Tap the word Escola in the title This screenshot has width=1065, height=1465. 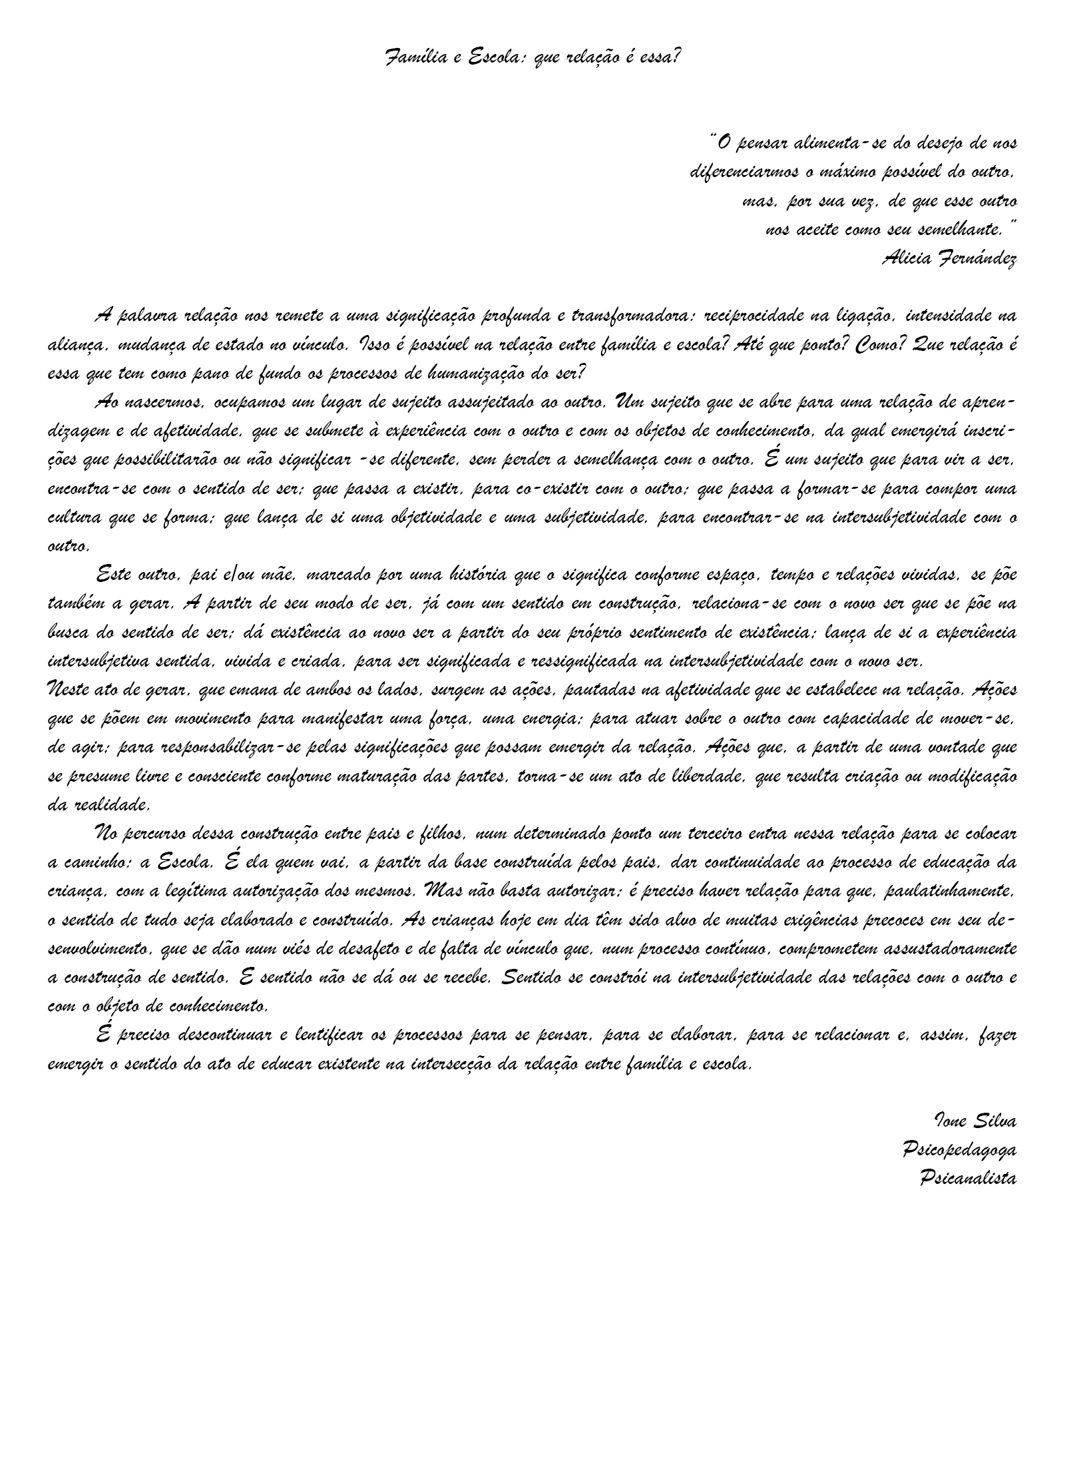[x=488, y=58]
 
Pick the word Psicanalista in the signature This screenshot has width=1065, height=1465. [x=966, y=1179]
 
